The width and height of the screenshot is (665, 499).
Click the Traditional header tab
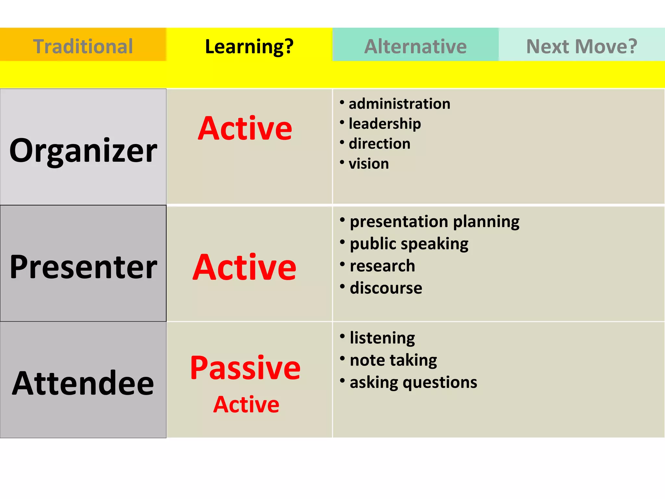(x=83, y=46)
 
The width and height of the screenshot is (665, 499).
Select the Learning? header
(x=249, y=46)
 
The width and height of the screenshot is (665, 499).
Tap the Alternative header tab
(x=415, y=46)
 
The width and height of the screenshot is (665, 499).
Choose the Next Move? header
(x=582, y=46)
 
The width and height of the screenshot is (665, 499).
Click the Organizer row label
(x=83, y=150)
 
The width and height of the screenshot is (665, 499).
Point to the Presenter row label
(x=83, y=267)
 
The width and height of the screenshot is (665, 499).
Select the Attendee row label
(x=83, y=383)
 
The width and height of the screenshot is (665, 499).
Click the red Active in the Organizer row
(x=245, y=128)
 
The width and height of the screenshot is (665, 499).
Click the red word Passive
(x=245, y=368)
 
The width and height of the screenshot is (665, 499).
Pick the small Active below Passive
(x=246, y=404)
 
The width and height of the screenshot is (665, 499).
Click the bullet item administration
(x=399, y=104)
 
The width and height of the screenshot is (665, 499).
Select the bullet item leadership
(x=385, y=124)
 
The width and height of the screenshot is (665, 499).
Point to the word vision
(x=369, y=164)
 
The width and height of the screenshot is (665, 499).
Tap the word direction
(x=379, y=144)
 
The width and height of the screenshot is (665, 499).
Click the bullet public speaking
(x=409, y=244)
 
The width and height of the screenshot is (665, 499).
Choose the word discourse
(x=386, y=288)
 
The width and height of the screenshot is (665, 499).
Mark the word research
(x=382, y=266)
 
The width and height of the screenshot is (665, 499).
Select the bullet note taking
(x=393, y=360)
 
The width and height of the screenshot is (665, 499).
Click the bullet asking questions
(x=413, y=382)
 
